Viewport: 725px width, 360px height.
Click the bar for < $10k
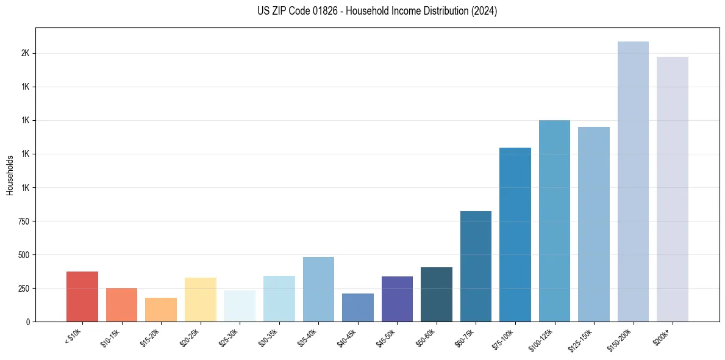[82, 297]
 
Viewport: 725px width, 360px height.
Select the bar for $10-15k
[121, 304]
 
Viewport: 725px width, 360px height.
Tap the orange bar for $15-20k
[161, 309]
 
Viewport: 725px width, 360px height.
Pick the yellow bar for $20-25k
[200, 300]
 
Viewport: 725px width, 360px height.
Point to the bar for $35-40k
[318, 289]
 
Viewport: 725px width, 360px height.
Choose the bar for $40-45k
[358, 308]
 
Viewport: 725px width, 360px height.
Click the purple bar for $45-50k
[397, 299]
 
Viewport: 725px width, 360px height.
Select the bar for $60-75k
[476, 266]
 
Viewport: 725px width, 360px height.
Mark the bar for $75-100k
[515, 234]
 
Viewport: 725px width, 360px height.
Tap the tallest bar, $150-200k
[633, 181]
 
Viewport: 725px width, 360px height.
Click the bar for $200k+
[673, 189]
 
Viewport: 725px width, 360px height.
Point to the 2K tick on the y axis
[26, 54]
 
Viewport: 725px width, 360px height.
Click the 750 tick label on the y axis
[24, 221]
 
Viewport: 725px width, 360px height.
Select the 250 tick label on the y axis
[24, 288]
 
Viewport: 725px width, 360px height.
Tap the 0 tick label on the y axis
[28, 322]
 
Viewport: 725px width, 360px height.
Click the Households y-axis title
[10, 175]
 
